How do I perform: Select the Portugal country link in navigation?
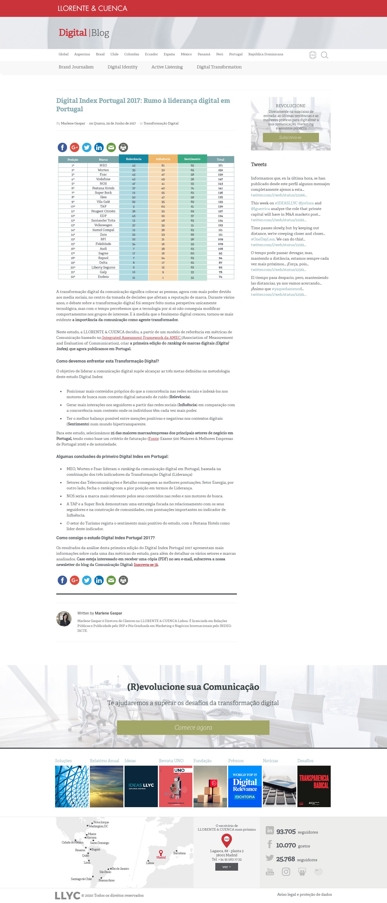coord(235,54)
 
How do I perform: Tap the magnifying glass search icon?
coord(325,55)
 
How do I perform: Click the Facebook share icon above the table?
coord(62,147)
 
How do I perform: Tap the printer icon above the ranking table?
coord(123,147)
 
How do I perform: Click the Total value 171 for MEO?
coord(220,165)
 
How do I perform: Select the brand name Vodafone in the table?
coord(103,179)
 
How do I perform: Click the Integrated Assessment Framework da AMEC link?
coord(141,337)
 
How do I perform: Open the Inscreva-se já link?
coord(146,565)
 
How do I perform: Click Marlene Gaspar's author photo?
coord(64,619)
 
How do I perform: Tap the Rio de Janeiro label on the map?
coord(120,869)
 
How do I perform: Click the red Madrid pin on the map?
coord(161,853)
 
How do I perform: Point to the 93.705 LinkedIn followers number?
coord(286,832)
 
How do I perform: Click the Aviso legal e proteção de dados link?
coord(304,894)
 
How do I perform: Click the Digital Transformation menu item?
coord(219,67)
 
